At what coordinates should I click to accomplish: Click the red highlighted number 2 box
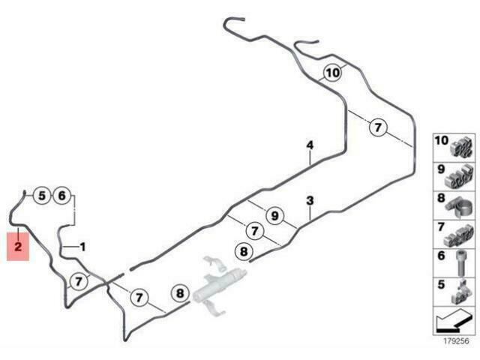click(18, 247)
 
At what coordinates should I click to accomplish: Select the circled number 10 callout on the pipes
click(332, 73)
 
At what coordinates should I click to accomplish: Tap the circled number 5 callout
click(42, 196)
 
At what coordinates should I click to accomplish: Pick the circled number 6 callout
click(61, 196)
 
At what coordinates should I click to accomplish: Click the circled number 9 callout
click(275, 216)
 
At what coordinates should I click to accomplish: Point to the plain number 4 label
click(310, 145)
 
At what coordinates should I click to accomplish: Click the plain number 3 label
click(310, 201)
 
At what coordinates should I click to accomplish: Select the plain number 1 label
click(82, 247)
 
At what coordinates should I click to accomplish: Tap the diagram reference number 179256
click(456, 340)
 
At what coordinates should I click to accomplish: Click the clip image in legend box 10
click(462, 148)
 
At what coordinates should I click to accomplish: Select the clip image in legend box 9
click(460, 176)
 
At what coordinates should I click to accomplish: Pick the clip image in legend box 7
click(460, 236)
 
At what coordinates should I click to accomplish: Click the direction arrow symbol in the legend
click(453, 321)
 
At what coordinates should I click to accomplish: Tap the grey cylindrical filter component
click(219, 283)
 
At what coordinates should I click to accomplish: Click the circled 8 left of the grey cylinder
click(180, 293)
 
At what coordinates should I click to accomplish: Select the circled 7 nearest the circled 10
click(378, 127)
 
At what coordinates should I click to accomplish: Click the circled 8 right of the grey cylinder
click(244, 252)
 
